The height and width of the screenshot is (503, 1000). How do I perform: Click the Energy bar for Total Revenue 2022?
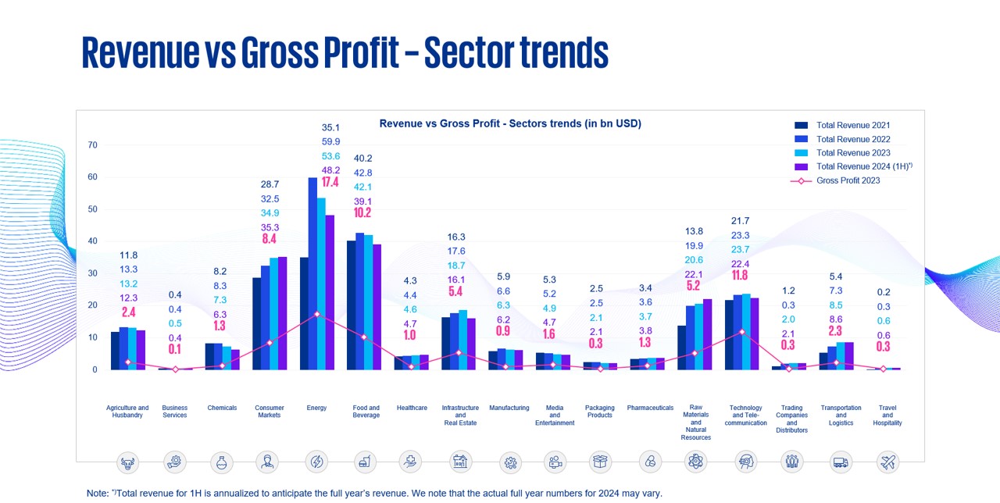(312, 273)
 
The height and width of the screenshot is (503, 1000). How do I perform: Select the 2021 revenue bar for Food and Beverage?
(352, 305)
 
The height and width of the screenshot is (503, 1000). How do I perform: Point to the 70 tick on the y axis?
(93, 144)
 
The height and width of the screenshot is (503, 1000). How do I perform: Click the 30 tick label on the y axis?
(93, 273)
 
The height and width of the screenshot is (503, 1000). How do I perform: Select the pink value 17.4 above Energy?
(330, 183)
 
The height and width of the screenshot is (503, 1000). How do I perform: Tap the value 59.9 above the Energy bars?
(330, 141)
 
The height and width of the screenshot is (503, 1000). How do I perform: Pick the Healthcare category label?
(412, 408)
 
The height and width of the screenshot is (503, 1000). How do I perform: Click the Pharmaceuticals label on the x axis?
(650, 408)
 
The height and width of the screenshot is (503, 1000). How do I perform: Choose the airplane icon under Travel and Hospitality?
(888, 462)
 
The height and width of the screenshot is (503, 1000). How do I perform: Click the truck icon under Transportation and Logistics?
(841, 462)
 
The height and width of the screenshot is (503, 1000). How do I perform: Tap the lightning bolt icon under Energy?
(317, 462)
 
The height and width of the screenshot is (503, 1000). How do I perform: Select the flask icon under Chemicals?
(222, 462)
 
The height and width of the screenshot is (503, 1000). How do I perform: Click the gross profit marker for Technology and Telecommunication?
(741, 332)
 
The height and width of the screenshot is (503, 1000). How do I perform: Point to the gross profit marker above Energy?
(316, 314)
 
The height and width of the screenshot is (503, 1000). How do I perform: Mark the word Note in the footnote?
(98, 494)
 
